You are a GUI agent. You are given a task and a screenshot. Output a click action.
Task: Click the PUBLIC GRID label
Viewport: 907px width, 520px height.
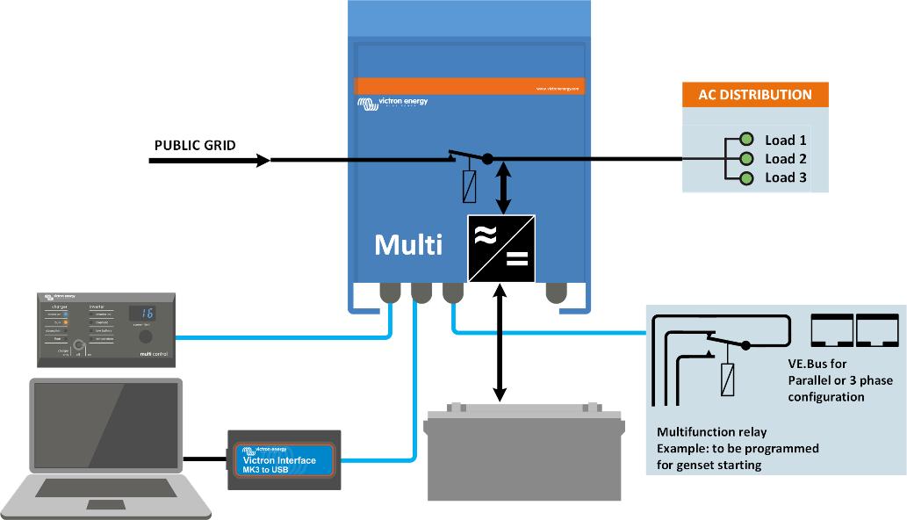pyautogui.click(x=195, y=145)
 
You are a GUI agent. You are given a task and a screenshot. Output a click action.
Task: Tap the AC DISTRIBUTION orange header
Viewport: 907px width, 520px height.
pyautogui.click(x=754, y=95)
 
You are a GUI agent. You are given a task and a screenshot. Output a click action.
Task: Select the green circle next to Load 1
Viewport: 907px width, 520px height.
pyautogui.click(x=746, y=140)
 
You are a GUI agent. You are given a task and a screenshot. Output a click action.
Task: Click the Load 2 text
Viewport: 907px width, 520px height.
pyautogui.click(x=785, y=159)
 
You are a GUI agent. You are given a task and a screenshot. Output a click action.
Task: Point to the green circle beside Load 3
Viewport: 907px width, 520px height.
pyautogui.click(x=746, y=178)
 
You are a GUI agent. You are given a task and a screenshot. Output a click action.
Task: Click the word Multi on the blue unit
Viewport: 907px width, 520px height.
pyautogui.click(x=407, y=244)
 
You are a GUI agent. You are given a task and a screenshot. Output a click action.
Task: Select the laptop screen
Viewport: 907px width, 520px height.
pyautogui.click(x=105, y=425)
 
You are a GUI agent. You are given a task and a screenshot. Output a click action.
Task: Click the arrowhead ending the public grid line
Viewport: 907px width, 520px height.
pyautogui.click(x=263, y=160)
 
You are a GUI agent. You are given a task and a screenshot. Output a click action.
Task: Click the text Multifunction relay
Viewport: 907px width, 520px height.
pyautogui.click(x=711, y=432)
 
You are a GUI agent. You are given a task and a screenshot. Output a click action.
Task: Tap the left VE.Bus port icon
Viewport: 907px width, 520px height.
pyautogui.click(x=831, y=330)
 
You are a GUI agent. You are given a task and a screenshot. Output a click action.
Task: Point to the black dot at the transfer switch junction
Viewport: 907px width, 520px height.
pyautogui.click(x=487, y=160)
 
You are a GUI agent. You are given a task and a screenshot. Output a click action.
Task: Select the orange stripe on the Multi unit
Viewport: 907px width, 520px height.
pyautogui.click(x=471, y=86)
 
